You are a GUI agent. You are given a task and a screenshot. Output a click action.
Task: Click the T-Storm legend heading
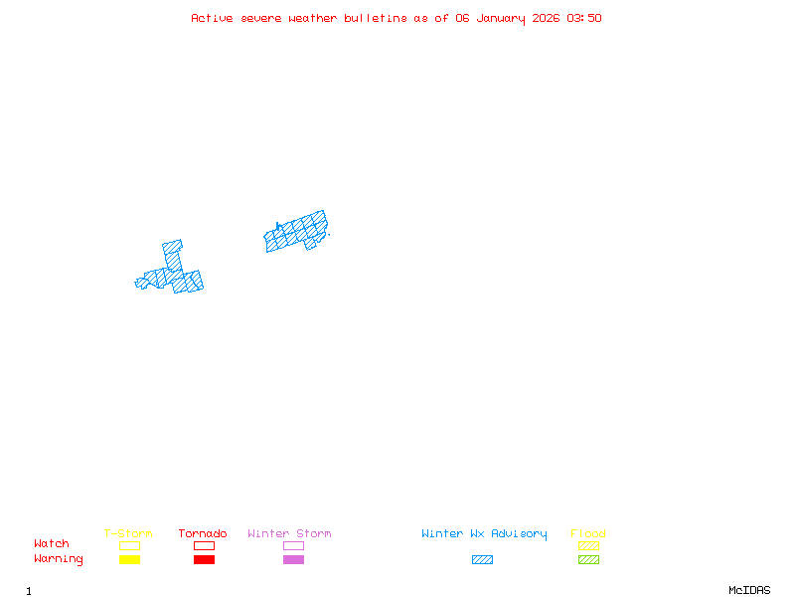(x=128, y=534)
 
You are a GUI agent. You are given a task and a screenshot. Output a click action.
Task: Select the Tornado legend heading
(x=203, y=534)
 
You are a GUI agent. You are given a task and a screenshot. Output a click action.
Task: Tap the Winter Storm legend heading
(x=289, y=534)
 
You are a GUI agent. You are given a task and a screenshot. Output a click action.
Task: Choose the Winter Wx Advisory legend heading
(x=484, y=534)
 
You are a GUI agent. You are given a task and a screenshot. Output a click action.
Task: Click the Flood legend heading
(x=588, y=534)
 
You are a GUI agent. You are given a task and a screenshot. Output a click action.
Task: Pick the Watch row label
(x=52, y=544)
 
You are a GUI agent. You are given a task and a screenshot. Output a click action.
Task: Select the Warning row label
(x=59, y=559)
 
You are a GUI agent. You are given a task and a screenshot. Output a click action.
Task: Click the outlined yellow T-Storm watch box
(x=129, y=545)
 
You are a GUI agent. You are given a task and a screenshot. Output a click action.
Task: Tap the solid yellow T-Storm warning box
(x=129, y=559)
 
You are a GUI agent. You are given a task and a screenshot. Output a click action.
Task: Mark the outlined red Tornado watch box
(x=204, y=545)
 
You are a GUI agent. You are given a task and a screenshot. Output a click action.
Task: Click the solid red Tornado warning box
(x=204, y=559)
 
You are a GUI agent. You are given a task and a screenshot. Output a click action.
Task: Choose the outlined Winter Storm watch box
(x=293, y=545)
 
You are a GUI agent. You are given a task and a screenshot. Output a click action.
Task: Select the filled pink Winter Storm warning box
(x=293, y=559)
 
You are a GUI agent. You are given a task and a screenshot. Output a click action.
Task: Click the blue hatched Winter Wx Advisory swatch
(x=482, y=559)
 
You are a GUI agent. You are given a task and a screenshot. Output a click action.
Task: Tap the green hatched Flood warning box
(x=588, y=559)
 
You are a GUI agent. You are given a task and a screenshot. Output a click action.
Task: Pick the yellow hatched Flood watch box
(x=588, y=545)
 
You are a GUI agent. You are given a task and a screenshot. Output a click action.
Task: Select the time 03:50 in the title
(x=584, y=18)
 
